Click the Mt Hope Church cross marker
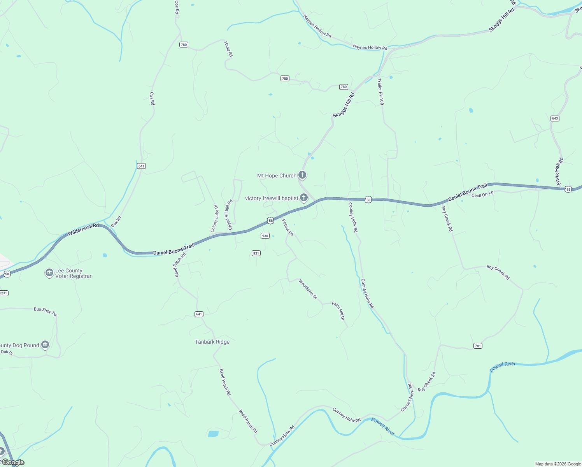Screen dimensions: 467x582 (x=302, y=175)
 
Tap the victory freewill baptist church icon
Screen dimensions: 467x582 (x=304, y=198)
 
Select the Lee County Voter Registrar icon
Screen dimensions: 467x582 (x=49, y=273)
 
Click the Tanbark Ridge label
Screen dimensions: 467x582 (x=212, y=342)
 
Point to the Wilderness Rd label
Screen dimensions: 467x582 (x=83, y=229)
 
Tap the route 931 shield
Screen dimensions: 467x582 (x=256, y=253)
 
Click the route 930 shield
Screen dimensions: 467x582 (x=265, y=235)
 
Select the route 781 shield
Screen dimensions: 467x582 (x=478, y=346)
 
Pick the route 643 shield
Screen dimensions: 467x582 (x=555, y=118)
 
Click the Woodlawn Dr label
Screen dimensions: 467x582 (x=308, y=289)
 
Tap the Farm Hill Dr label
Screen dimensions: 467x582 (x=338, y=311)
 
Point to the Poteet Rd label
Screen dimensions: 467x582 (x=287, y=227)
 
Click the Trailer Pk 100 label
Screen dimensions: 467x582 (x=380, y=92)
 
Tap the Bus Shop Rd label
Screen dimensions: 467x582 (x=45, y=311)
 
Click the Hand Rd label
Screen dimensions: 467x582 (x=228, y=49)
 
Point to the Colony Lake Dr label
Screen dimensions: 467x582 (x=214, y=219)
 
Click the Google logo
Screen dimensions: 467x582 (x=13, y=462)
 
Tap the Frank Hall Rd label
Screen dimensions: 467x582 (x=559, y=172)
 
